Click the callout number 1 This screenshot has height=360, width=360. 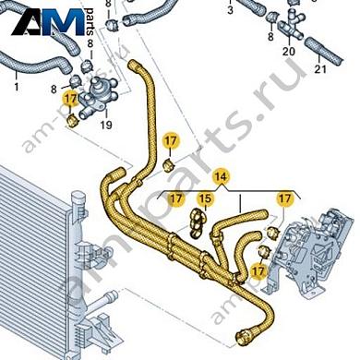[x=16, y=87]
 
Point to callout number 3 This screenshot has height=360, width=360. [x=230, y=10]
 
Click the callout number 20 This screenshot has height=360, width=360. [x=288, y=52]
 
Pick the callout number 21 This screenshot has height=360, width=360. [x=321, y=68]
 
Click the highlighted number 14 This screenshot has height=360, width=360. [x=220, y=175]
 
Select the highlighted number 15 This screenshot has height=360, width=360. [x=205, y=198]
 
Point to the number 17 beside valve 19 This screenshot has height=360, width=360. [x=71, y=98]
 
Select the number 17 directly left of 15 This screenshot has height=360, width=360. [x=175, y=198]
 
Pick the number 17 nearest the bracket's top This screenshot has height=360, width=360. [x=285, y=198]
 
